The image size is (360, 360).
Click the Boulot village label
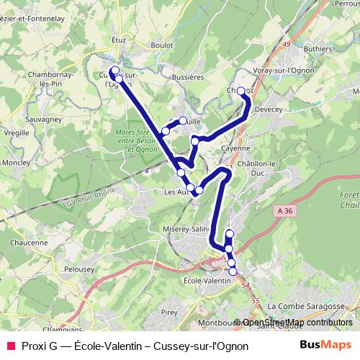point(162,45)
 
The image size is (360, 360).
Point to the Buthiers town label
point(318,48)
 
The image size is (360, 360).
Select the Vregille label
point(15,132)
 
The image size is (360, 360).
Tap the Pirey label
point(169,312)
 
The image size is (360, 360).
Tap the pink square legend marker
point(10,346)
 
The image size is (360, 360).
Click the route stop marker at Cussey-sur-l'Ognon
point(114,71)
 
